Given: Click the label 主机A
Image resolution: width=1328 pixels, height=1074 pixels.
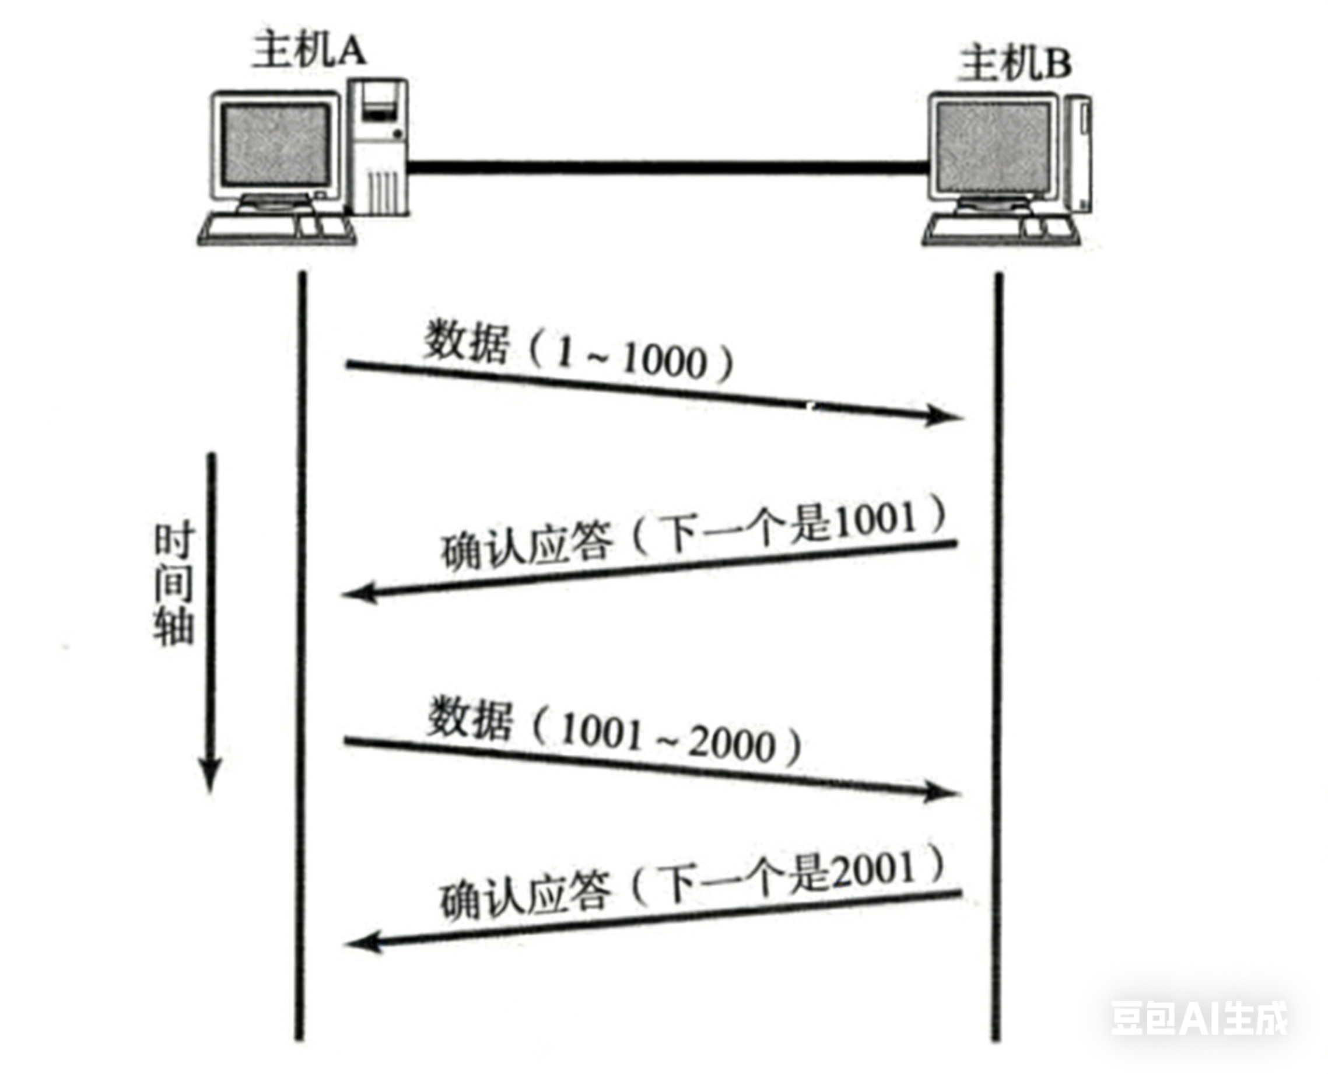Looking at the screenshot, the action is (x=309, y=50).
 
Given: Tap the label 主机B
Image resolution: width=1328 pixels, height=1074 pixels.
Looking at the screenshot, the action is (x=1014, y=64).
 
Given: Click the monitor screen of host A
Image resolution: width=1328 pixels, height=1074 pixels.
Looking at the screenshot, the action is (x=276, y=144).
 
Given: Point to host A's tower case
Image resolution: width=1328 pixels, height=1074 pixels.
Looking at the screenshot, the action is (x=378, y=146).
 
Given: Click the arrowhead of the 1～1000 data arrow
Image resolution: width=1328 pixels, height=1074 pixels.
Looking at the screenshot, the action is (x=943, y=415).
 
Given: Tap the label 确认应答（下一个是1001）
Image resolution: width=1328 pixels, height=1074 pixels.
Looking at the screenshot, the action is (x=693, y=536).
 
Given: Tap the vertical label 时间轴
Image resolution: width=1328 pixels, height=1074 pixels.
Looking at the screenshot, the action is (x=174, y=585).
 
